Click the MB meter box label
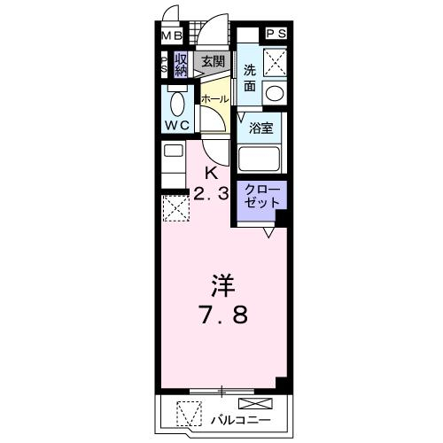tap(172, 36)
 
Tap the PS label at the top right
tap(276, 34)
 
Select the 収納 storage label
tap(181, 66)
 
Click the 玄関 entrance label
tap(213, 61)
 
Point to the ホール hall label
tap(214, 98)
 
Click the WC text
tap(176, 126)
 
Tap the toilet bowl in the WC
tap(177, 103)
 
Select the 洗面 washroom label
tap(250, 78)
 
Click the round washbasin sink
tap(275, 93)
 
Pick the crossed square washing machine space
tap(275, 62)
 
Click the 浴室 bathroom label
tap(260, 128)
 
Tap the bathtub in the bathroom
tap(259, 159)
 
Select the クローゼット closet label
tap(262, 196)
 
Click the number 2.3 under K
tap(211, 194)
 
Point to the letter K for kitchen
tap(212, 174)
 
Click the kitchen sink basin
tap(174, 151)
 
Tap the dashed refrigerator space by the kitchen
tap(176, 208)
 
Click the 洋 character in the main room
tap(223, 286)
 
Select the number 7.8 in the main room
tap(222, 315)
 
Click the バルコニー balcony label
tap(240, 420)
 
